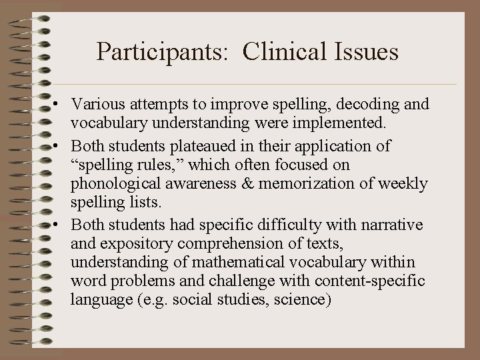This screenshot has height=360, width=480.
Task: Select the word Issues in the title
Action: pos(365,51)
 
